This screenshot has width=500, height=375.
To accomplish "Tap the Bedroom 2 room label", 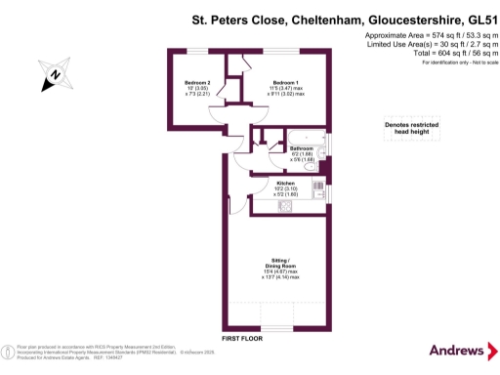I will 197,81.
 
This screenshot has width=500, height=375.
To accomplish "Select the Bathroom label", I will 301,148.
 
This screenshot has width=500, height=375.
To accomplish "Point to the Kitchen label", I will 286,184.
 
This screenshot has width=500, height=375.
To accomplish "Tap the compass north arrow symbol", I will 56,73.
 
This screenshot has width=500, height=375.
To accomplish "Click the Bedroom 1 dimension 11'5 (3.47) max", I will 286,89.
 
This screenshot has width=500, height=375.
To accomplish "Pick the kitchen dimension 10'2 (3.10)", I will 286,189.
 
